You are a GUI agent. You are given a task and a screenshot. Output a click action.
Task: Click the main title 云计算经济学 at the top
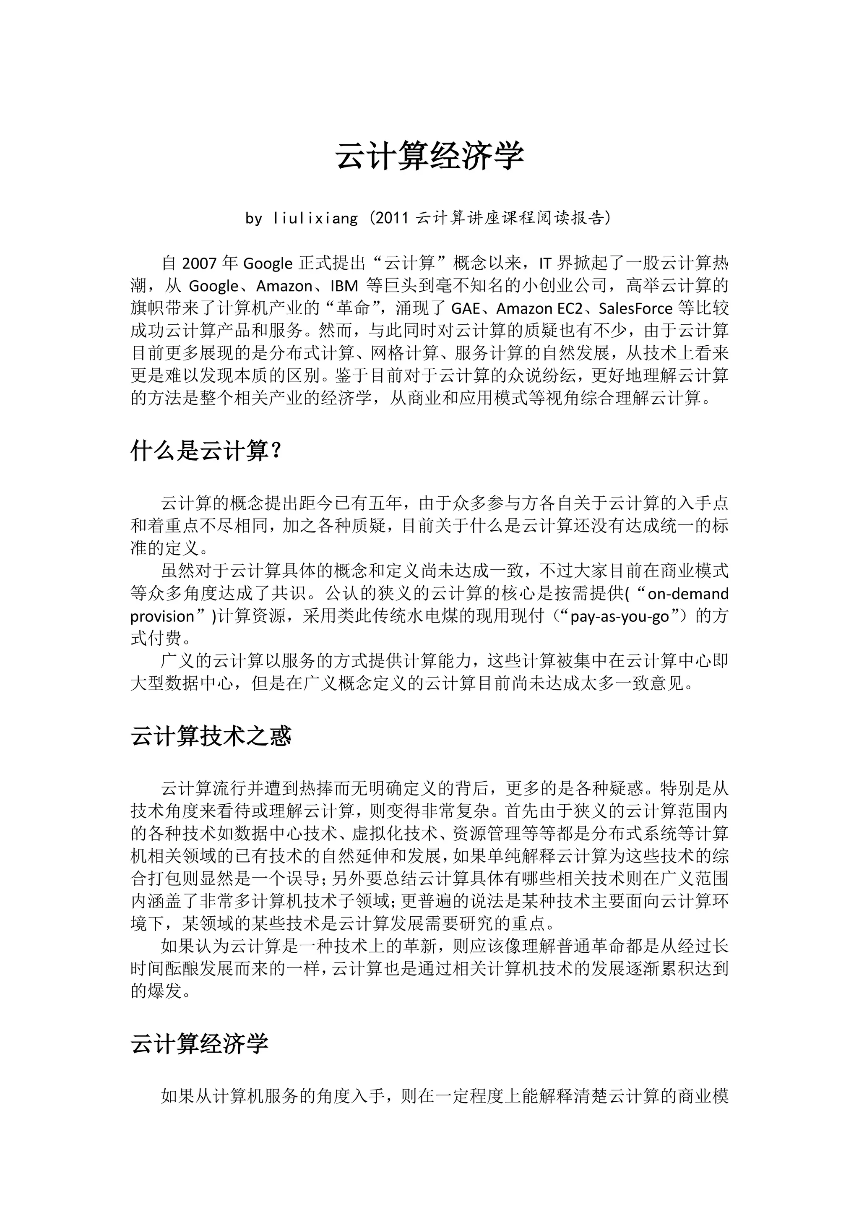(x=429, y=156)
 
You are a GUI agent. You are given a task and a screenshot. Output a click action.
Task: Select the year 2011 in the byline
(x=393, y=218)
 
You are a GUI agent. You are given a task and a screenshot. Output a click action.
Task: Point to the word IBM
(x=344, y=286)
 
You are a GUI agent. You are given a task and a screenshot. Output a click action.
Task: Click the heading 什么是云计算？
(x=206, y=451)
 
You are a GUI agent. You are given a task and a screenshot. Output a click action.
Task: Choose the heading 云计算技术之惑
(x=211, y=736)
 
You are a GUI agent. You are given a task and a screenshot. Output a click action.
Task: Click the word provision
(x=162, y=616)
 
